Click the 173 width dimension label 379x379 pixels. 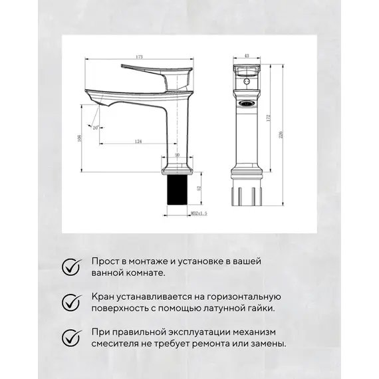tap(139, 57)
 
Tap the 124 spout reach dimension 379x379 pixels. tap(138, 141)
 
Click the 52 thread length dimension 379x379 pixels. tap(199, 189)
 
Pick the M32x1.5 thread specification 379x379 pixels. tap(180, 213)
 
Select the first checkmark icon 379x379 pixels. tap(70, 267)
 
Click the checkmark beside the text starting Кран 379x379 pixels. tap(70, 302)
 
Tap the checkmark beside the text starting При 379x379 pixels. tap(70, 337)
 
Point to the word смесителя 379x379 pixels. tap(113, 344)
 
